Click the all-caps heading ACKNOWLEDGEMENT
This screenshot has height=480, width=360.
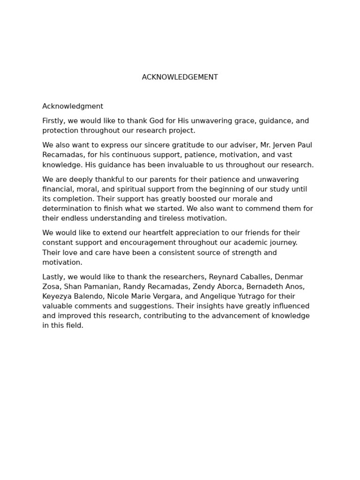pos(180,77)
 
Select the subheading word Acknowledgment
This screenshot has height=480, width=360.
pos(73,106)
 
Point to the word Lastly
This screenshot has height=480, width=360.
pos(53,277)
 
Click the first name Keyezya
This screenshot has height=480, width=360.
pos(58,297)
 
